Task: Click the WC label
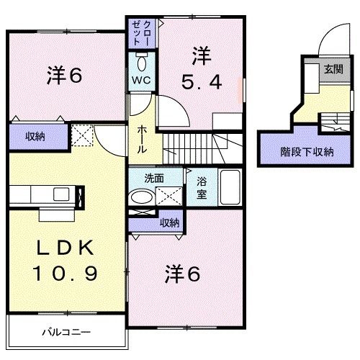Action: pos(140,80)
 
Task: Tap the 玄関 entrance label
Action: pos(333,69)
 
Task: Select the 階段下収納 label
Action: pos(307,152)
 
